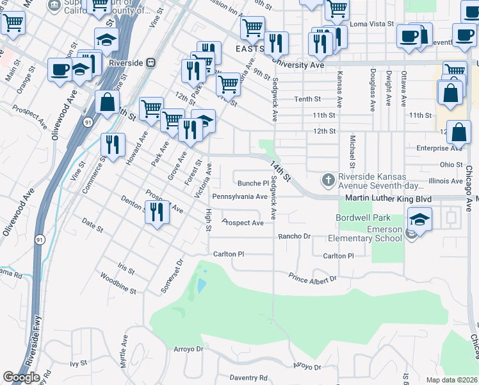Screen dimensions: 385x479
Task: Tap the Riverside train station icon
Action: point(151,63)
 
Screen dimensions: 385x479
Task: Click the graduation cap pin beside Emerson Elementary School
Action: point(419,219)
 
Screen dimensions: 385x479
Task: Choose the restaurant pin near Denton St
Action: point(157,212)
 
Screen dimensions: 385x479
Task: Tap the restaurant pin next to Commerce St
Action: point(113,144)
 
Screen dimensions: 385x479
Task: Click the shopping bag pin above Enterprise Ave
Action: point(459,132)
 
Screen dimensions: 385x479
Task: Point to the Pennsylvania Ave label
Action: point(239,196)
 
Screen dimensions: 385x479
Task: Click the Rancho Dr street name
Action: point(294,236)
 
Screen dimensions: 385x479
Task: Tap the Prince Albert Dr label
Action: point(312,278)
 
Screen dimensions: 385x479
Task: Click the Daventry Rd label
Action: point(248,379)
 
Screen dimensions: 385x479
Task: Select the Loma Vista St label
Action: point(371,24)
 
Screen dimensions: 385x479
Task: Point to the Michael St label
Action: point(352,152)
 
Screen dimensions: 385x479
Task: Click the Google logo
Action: point(21,377)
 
